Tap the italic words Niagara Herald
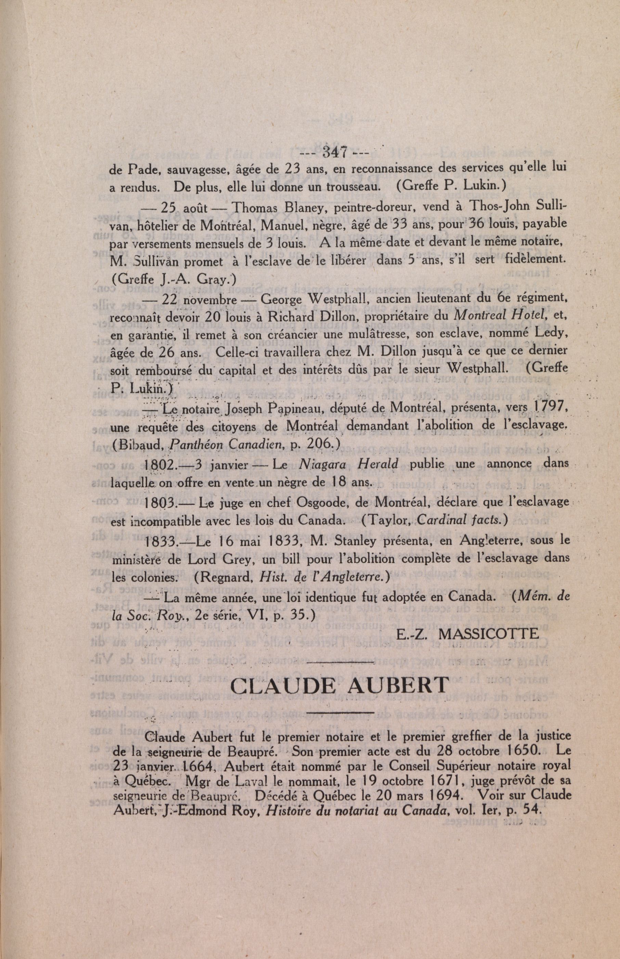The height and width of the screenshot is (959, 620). pos(349,464)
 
